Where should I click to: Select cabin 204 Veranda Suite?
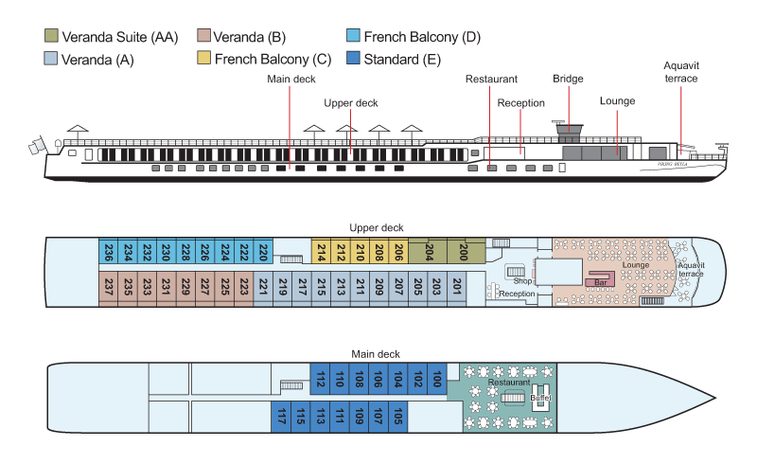pos(429,251)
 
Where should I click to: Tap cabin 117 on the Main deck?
pos(281,416)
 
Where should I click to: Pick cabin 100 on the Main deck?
pos(436,380)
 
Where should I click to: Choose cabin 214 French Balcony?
pos(321,252)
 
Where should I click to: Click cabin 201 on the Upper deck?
pos(458,286)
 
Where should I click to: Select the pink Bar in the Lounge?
pos(599,281)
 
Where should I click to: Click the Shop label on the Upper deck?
pos(522,281)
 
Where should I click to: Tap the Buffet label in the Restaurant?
pos(540,399)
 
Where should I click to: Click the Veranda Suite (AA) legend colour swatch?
pos(53,37)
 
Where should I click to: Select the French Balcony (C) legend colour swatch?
pos(202,59)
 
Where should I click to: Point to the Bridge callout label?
pos(568,79)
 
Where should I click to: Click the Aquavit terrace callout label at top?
pos(680,72)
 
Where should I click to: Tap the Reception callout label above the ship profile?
pos(520,103)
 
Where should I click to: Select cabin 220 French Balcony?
pos(264,252)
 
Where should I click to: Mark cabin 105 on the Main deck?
pos(398,416)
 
